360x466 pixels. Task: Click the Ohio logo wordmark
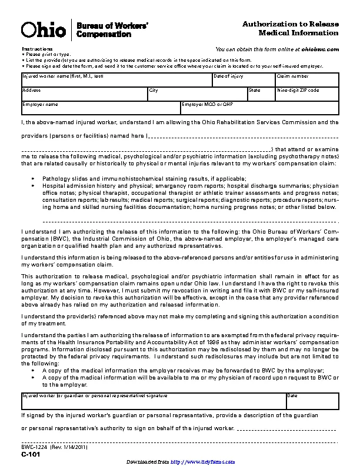(44, 29)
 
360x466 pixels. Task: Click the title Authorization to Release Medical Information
(291, 28)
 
